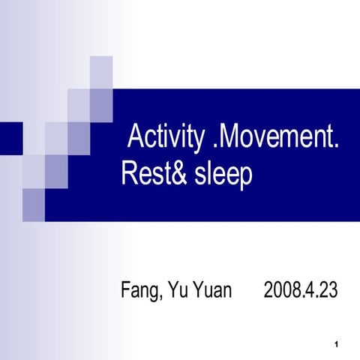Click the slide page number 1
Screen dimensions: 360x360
coord(339,344)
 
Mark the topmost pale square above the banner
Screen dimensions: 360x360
coord(101,72)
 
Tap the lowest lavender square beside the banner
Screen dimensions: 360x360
coord(34,205)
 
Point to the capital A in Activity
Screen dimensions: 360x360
coord(136,139)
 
